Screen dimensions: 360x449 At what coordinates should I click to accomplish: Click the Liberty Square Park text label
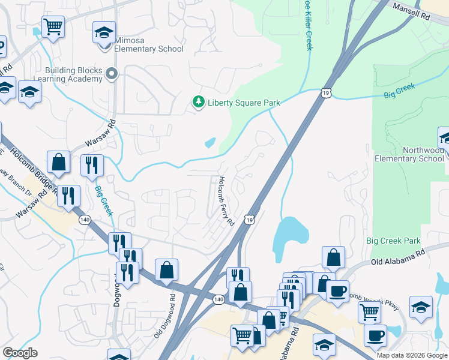coord(244,103)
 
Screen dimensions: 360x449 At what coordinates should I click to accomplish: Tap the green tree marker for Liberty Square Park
coord(199,103)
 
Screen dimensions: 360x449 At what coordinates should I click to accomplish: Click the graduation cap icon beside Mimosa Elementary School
coord(104,32)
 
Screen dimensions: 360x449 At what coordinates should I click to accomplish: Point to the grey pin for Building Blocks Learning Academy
coord(111,74)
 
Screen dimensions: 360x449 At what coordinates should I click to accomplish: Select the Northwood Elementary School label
coord(409,154)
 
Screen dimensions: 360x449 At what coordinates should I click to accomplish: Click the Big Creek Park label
coord(393,241)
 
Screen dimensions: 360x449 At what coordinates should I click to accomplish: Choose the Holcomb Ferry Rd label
coord(226,201)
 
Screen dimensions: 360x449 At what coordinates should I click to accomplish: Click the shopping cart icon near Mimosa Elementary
coord(53,27)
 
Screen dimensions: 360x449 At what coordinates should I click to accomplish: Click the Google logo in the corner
coord(20,353)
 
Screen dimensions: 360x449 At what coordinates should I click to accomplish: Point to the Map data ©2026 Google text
coord(411,355)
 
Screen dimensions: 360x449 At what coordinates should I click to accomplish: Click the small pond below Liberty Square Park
coord(210,143)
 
